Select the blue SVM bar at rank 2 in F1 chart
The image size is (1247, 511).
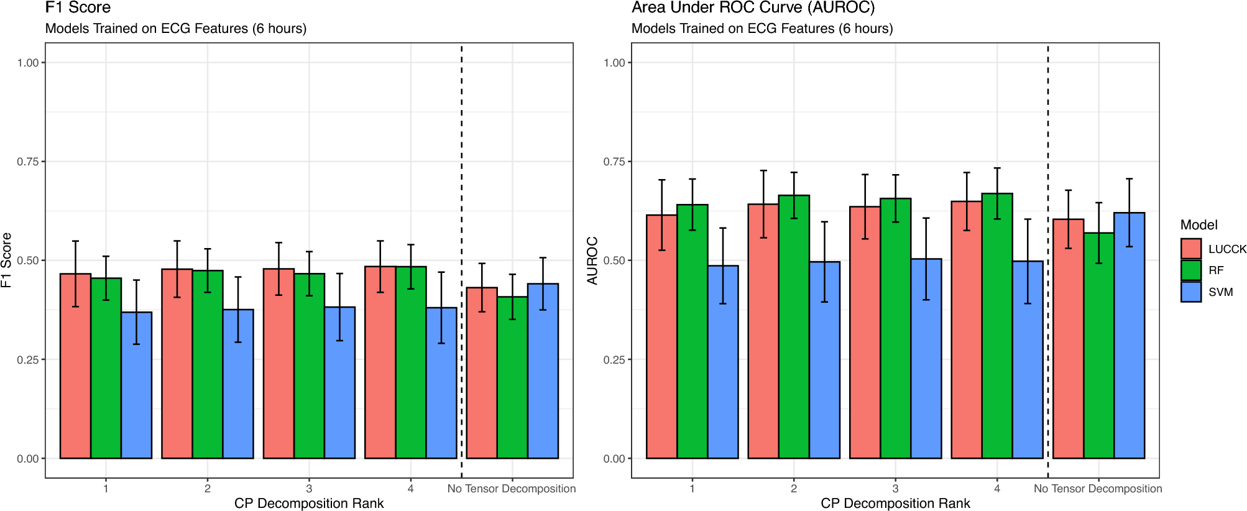click(238, 385)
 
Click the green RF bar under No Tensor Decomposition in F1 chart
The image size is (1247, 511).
click(512, 379)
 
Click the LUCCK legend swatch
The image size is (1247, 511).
click(1190, 249)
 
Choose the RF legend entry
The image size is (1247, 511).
click(1215, 270)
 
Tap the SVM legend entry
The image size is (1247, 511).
click(1220, 292)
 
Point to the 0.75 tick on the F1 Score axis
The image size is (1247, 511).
click(28, 162)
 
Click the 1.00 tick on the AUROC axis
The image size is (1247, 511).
click(614, 63)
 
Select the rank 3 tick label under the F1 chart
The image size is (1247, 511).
click(309, 489)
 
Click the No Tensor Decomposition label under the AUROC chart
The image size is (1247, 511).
click(1098, 489)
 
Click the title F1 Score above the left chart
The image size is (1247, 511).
click(78, 8)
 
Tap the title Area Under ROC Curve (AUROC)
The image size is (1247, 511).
click(753, 8)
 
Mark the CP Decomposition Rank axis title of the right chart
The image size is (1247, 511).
click(895, 503)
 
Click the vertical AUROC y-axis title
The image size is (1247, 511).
click(592, 260)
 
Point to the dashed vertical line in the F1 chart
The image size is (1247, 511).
click(461, 186)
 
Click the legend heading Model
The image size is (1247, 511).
click(1199, 225)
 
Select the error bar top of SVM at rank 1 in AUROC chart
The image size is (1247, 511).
click(723, 228)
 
